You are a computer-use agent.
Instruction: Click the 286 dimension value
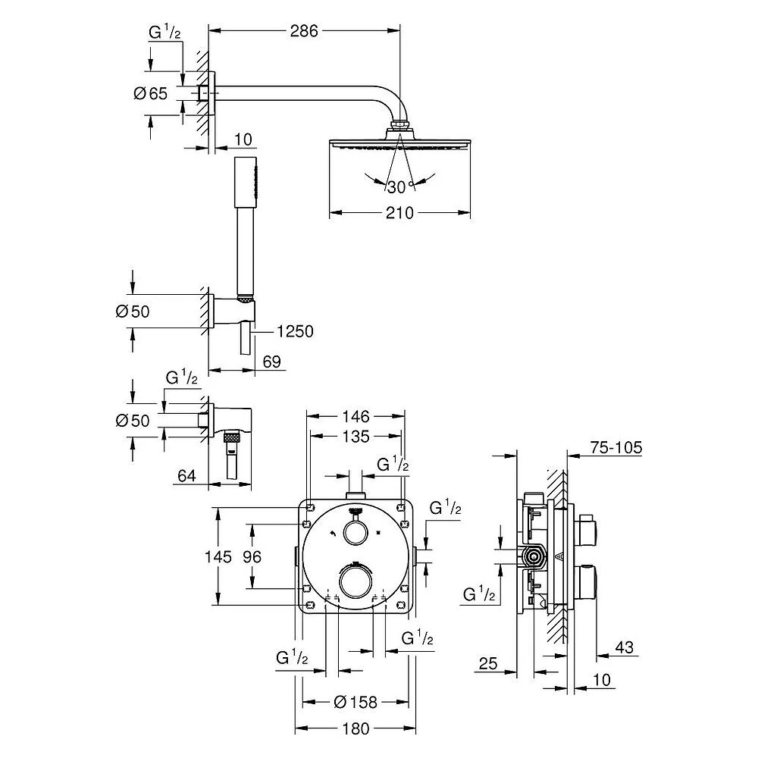click(x=304, y=31)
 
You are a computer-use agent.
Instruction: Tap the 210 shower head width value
click(x=399, y=213)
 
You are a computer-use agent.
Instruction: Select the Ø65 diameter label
click(x=150, y=93)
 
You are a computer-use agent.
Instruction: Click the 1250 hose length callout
click(x=295, y=332)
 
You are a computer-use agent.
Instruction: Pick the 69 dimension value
click(x=271, y=362)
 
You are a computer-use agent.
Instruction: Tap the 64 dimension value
click(x=186, y=476)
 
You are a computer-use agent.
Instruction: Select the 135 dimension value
click(x=356, y=436)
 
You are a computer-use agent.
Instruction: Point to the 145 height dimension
click(x=218, y=556)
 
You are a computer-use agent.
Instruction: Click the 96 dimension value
click(x=252, y=556)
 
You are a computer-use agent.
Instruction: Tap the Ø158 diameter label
click(x=356, y=701)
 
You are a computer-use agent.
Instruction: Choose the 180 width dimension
click(x=356, y=728)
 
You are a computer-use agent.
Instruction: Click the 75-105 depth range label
click(x=616, y=448)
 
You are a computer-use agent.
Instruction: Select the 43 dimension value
click(x=624, y=647)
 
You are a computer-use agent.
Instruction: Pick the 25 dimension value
click(x=487, y=663)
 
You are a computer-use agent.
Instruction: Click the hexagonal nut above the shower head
click(x=399, y=126)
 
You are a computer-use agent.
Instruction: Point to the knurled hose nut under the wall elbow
click(x=233, y=439)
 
